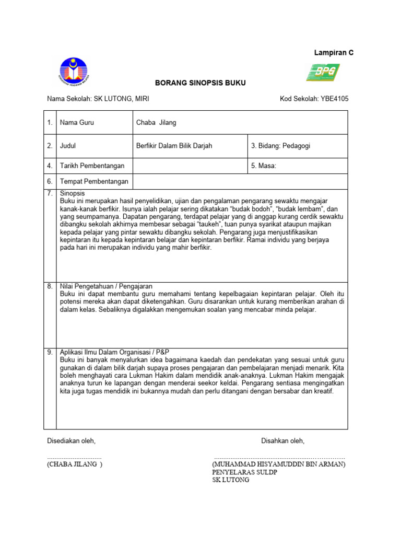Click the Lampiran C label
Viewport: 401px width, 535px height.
pos(333,53)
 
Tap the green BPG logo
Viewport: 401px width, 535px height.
pos(323,72)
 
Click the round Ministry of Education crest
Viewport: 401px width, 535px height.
pos(74,71)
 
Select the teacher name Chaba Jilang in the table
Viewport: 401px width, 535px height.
pos(156,123)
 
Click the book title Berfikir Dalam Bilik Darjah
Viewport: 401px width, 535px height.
pos(174,146)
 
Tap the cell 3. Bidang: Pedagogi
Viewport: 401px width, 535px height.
pos(280,146)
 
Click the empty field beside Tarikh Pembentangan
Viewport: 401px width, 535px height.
pos(188,166)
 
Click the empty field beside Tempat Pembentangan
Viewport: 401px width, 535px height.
pos(240,181)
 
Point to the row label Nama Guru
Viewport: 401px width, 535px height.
pos(77,123)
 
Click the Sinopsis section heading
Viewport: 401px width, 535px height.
pos(73,193)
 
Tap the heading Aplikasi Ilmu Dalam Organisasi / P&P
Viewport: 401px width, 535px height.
pos(116,352)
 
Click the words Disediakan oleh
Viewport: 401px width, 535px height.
pos(72,441)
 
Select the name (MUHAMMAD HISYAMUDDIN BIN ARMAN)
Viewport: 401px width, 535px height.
pos(278,464)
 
